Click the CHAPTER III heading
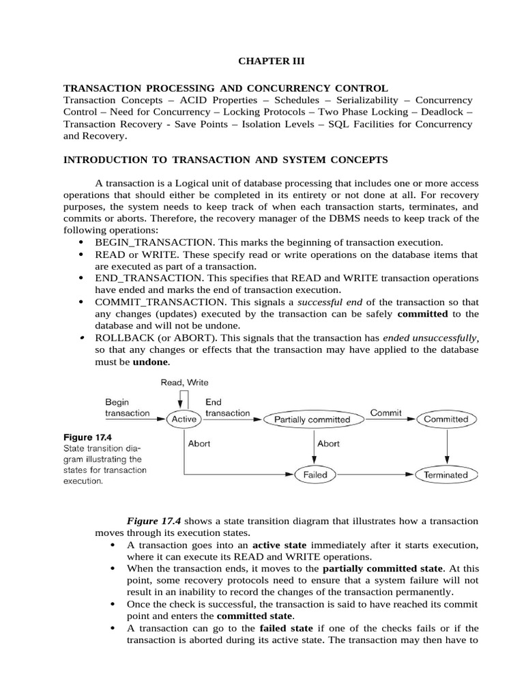(x=272, y=61)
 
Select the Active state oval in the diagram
(x=184, y=419)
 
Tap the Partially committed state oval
(x=312, y=419)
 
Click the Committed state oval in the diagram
(x=446, y=419)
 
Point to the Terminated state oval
(x=446, y=474)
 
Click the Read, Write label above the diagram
(x=184, y=382)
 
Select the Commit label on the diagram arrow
(x=385, y=413)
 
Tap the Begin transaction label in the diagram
(x=127, y=408)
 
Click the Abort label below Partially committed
(x=328, y=443)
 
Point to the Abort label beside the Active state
(x=199, y=443)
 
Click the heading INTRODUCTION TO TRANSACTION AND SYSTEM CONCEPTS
(x=226, y=160)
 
